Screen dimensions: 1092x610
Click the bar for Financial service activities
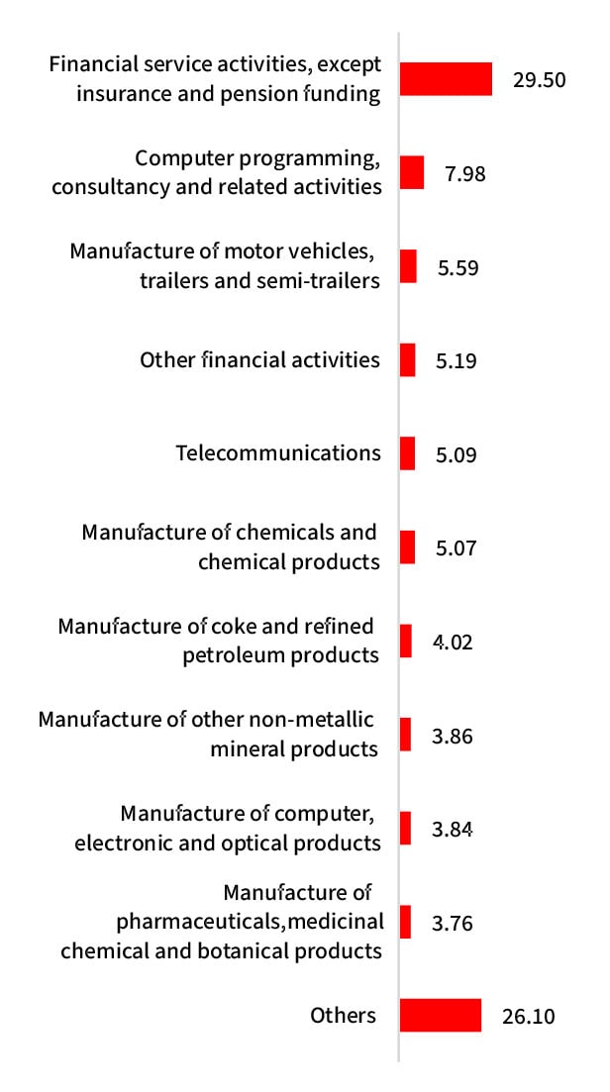(x=446, y=79)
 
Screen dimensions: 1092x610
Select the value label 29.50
(x=539, y=80)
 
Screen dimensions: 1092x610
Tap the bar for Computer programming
(x=412, y=172)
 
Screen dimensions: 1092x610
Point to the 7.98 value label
(x=465, y=173)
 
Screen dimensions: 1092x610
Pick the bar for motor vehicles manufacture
(x=408, y=266)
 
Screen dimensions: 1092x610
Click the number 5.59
(x=457, y=267)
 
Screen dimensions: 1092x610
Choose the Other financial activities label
(x=259, y=359)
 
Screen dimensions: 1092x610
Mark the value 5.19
(x=457, y=360)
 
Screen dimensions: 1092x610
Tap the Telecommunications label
(x=278, y=452)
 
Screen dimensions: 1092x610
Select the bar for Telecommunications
(x=407, y=453)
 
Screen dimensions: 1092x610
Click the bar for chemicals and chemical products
(x=407, y=547)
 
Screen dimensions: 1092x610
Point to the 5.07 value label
(x=457, y=548)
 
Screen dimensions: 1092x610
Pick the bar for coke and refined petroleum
(x=405, y=641)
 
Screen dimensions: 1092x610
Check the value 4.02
(x=453, y=642)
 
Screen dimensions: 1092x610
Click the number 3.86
(x=453, y=736)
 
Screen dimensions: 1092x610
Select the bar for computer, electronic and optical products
(x=405, y=828)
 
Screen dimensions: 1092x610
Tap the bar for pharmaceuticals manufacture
(x=405, y=922)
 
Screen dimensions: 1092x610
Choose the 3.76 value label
(x=453, y=924)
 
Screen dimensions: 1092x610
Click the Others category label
(x=343, y=1015)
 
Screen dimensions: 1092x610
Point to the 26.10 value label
(x=528, y=1017)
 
